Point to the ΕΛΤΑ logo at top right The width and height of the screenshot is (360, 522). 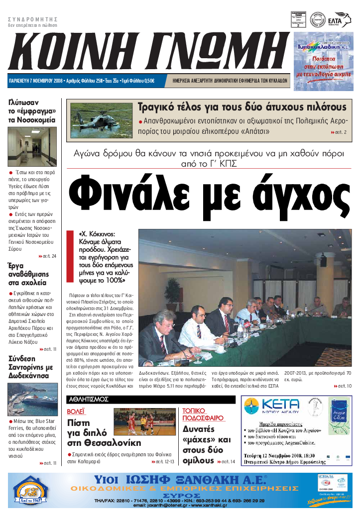pos(338,20)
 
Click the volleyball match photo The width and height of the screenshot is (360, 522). pos(144,422)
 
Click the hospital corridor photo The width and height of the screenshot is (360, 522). pos(33,147)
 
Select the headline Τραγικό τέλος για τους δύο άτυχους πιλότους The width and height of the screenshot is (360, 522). pos(241,107)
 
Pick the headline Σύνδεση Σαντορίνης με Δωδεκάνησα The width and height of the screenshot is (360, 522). pos(31,368)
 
